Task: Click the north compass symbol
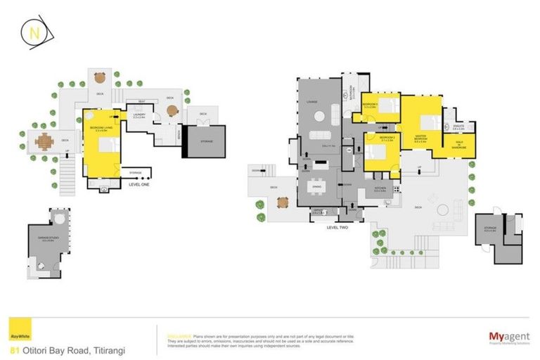click(x=34, y=33)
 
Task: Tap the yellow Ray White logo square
click(x=18, y=328)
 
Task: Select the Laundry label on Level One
click(x=139, y=117)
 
